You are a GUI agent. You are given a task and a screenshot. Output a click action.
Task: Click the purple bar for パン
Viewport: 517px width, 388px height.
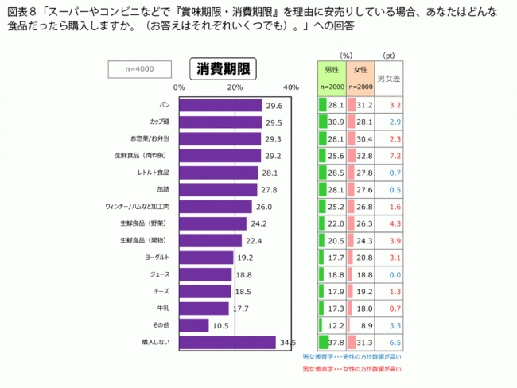(x=220, y=105)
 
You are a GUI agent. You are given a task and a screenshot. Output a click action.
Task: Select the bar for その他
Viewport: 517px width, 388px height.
(x=193, y=325)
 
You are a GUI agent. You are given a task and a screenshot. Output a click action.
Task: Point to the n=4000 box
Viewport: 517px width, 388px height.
(x=139, y=69)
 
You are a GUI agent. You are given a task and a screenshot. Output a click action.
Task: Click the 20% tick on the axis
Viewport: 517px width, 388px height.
(x=235, y=87)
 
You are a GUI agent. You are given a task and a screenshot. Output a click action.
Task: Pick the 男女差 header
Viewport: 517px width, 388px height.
(x=388, y=78)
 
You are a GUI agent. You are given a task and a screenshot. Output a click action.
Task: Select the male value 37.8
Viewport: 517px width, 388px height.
(x=334, y=343)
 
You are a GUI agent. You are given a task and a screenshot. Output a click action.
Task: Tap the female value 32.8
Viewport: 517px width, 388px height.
(x=364, y=155)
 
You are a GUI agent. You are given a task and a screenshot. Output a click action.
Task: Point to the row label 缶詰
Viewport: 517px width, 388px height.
(x=165, y=189)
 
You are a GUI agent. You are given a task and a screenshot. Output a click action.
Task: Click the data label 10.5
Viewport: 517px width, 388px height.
(x=221, y=325)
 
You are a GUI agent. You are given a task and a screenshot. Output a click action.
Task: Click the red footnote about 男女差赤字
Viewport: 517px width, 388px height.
(x=352, y=368)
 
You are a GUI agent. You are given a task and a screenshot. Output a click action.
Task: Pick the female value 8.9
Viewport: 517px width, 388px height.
(x=366, y=325)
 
